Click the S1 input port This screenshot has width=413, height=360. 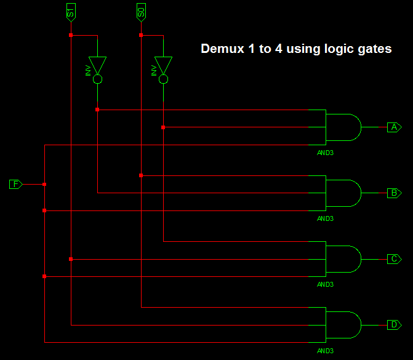click(71, 11)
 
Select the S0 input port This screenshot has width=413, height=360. click(142, 11)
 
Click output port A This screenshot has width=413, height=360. click(394, 127)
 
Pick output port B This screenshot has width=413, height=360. click(394, 193)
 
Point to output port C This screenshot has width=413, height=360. click(394, 258)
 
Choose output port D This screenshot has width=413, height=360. click(394, 324)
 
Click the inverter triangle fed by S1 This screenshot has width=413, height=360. click(97, 65)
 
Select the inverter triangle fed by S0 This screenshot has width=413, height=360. click(163, 65)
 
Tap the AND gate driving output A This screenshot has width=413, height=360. click(343, 127)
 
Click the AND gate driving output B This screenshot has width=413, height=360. click(343, 193)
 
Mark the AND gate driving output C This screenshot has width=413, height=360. click(343, 258)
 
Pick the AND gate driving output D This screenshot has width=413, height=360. click(343, 324)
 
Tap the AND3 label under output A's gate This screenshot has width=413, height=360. click(325, 152)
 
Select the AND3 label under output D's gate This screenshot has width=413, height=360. click(325, 350)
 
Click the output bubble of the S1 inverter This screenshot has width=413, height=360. click(97, 79)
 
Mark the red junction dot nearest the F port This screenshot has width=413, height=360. click(44, 184)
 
